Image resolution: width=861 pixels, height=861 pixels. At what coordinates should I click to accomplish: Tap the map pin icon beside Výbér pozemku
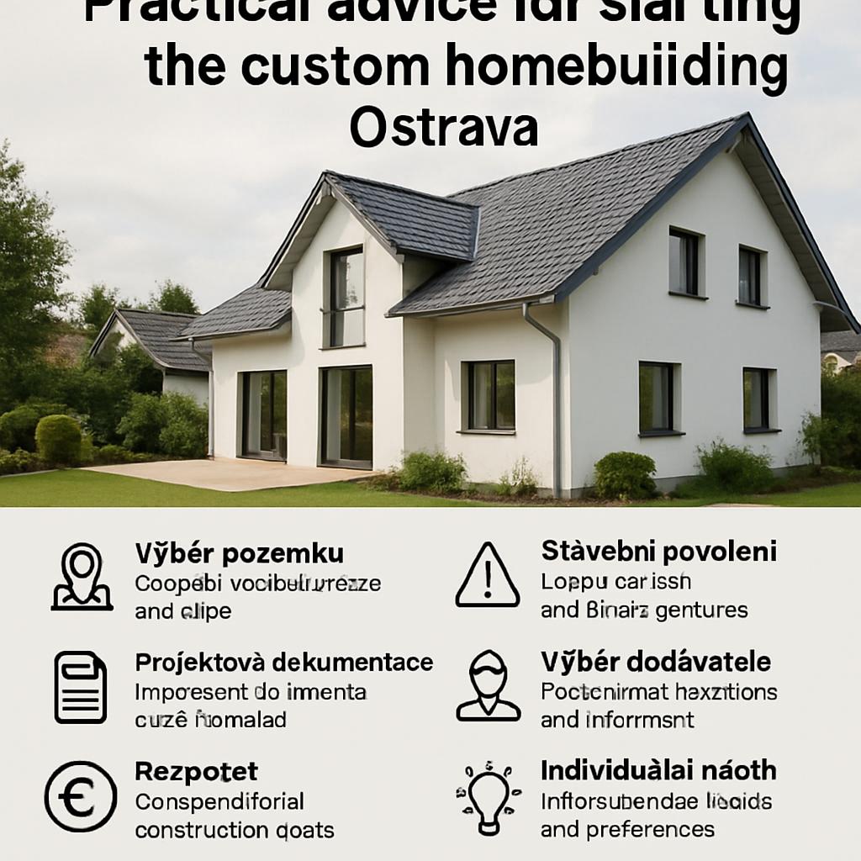coord(82,577)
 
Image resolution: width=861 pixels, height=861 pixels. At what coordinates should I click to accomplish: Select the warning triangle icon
coord(488,577)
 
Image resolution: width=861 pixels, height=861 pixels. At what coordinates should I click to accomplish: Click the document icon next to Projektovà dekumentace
coord(81,687)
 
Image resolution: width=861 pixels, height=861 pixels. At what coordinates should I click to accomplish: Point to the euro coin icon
coord(81,796)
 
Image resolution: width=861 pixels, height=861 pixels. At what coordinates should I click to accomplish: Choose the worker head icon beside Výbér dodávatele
coord(489,685)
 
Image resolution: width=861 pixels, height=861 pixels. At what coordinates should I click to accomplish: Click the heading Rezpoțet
coord(196,771)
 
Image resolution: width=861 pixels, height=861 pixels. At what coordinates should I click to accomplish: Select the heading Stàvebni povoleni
coord(658,552)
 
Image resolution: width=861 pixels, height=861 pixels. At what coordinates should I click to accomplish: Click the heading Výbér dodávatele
coord(656,662)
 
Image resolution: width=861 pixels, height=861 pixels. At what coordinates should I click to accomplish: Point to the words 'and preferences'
coord(627,830)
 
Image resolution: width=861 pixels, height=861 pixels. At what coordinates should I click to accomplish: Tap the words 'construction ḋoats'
coord(235,831)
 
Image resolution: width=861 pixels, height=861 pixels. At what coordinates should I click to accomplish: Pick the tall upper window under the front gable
coord(346,296)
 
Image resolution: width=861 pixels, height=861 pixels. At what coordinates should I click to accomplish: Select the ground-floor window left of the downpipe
coord(489,395)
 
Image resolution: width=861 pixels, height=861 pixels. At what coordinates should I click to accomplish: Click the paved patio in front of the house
coord(227,473)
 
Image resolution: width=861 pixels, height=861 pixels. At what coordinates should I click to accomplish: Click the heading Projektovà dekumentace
coord(283,662)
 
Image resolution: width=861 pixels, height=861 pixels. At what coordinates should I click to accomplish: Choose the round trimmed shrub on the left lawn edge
coord(58,439)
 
